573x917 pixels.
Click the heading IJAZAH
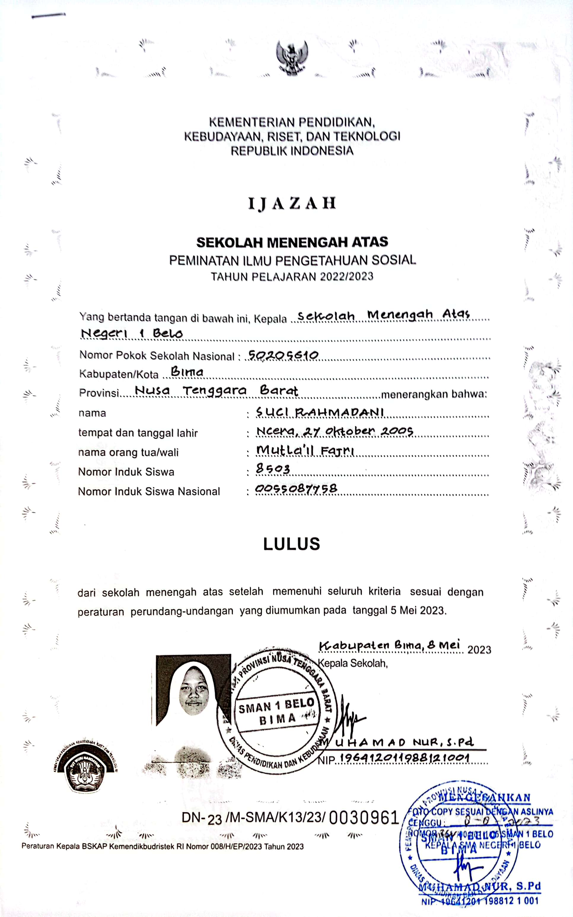pyautogui.click(x=292, y=203)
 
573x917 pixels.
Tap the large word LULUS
pyautogui.click(x=292, y=544)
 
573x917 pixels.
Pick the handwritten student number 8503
pyautogui.click(x=273, y=469)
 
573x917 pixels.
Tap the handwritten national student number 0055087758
pyautogui.click(x=296, y=488)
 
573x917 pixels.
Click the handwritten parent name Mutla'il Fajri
pyautogui.click(x=305, y=450)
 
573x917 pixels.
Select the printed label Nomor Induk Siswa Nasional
pyautogui.click(x=149, y=491)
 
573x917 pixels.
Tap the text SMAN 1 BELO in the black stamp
pyautogui.click(x=276, y=706)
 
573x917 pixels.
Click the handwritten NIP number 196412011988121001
pyautogui.click(x=405, y=758)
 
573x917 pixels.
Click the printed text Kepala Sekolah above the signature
pyautogui.click(x=352, y=663)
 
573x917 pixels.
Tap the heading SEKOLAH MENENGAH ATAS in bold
pyautogui.click(x=292, y=242)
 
